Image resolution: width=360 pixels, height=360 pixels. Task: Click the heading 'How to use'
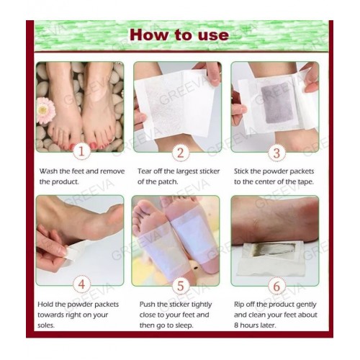(179, 35)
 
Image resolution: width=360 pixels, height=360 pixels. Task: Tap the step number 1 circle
(81, 152)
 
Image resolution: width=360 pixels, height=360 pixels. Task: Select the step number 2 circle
(180, 153)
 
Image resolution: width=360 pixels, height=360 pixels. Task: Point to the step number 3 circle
(276, 153)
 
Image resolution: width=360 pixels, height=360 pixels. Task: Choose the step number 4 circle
(81, 284)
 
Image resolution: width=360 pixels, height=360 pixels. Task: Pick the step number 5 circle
(180, 286)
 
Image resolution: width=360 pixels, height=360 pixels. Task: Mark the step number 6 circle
(276, 286)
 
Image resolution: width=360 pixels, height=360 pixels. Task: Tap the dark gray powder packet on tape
(278, 102)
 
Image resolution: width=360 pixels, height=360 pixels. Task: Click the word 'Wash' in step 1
(48, 171)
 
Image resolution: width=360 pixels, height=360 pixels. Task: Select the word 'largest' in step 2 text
(187, 171)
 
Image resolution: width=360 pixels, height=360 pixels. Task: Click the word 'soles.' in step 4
(46, 325)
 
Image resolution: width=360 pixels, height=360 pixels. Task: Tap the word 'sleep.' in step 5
(184, 325)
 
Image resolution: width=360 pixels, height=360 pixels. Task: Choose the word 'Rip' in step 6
(239, 305)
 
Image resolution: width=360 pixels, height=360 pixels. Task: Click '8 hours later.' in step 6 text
(255, 325)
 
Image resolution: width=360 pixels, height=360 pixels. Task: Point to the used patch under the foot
(270, 258)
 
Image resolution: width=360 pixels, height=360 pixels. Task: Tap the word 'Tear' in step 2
(145, 171)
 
